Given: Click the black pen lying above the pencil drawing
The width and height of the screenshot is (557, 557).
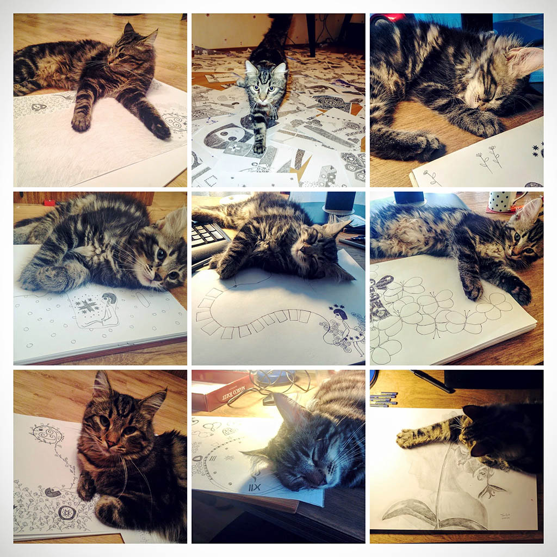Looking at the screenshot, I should [432, 381].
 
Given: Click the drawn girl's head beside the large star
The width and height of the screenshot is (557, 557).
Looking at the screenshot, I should [108, 299].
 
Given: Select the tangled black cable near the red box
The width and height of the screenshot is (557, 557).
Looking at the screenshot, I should [272, 383].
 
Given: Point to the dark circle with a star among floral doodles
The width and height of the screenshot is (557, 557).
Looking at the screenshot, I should [66, 512].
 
